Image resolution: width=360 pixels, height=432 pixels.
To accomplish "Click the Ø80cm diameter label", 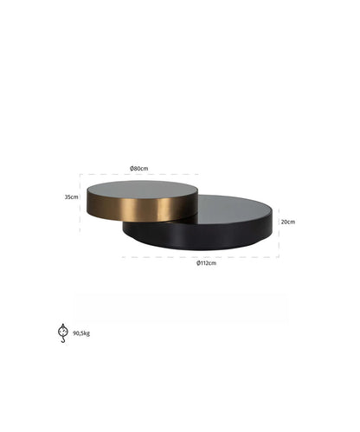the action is click(139, 169).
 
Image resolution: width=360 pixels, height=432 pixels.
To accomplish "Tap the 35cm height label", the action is click(72, 197).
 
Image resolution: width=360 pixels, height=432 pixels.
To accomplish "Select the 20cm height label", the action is click(288, 222).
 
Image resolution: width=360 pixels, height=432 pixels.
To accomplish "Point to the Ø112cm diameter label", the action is click(206, 263).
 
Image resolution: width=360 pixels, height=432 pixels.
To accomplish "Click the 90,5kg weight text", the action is click(81, 333).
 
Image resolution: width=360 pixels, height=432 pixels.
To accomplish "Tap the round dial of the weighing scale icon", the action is click(62, 332).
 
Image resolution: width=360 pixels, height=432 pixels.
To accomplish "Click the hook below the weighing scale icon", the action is click(63, 340).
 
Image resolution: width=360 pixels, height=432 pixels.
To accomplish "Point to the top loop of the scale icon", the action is click(62, 325).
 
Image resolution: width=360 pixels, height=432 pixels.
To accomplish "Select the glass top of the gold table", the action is click(143, 190).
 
